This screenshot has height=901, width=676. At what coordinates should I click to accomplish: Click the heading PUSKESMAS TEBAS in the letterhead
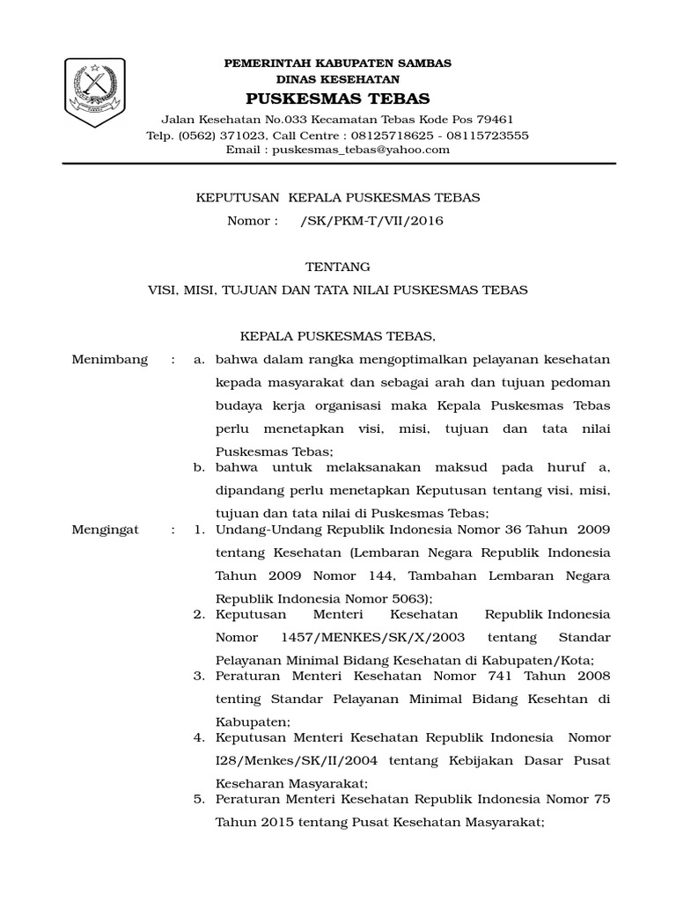[x=338, y=98]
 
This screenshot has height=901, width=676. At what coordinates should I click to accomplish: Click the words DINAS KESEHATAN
[x=338, y=79]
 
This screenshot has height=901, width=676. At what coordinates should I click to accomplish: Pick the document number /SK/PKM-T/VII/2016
[x=371, y=221]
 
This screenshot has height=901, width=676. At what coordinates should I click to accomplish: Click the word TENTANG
[x=337, y=267]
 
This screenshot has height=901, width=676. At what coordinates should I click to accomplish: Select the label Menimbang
[x=110, y=360]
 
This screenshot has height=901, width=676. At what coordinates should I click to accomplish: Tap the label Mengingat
[x=106, y=531]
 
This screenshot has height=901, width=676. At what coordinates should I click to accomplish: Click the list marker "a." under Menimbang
[x=200, y=360]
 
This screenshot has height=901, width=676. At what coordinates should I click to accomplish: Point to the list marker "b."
[x=200, y=466]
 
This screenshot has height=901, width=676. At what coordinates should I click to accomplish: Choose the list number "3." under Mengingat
[x=199, y=675]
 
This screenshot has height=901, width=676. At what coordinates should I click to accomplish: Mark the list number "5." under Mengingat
[x=199, y=799]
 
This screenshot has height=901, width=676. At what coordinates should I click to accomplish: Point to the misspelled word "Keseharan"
[x=250, y=782]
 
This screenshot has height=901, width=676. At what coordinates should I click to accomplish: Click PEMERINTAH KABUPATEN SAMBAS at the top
[x=338, y=63]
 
